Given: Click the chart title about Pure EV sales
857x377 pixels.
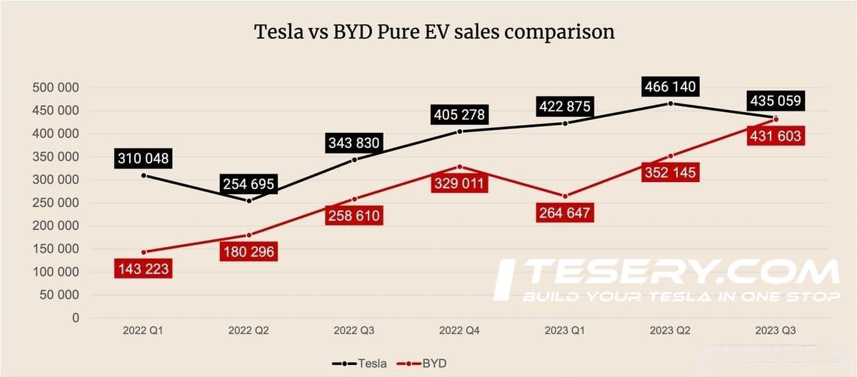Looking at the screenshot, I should (435, 32).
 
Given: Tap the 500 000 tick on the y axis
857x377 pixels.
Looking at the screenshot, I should (55, 88).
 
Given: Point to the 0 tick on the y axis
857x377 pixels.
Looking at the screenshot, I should (74, 318).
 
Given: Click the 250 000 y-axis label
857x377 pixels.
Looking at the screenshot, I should (55, 203).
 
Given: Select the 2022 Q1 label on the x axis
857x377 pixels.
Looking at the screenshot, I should (144, 331).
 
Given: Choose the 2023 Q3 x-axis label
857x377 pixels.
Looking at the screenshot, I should (776, 331).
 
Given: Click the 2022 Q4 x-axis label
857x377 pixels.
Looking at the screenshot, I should (459, 331).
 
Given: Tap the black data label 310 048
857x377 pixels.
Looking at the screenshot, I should (143, 159).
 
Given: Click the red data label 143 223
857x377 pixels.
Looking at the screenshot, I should (143, 269).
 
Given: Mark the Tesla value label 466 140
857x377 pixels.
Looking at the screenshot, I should (669, 87).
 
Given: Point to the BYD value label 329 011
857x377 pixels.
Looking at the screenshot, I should (458, 184).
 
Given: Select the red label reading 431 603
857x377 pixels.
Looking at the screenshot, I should (775, 136).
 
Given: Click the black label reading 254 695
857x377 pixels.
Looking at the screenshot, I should (249, 184).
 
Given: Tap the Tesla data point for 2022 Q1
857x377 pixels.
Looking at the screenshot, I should (144, 175).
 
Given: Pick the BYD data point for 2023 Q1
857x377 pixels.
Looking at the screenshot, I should (565, 196).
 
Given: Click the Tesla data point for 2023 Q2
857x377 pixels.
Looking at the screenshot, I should (670, 104).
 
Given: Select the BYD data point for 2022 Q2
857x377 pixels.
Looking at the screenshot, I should (249, 235).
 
